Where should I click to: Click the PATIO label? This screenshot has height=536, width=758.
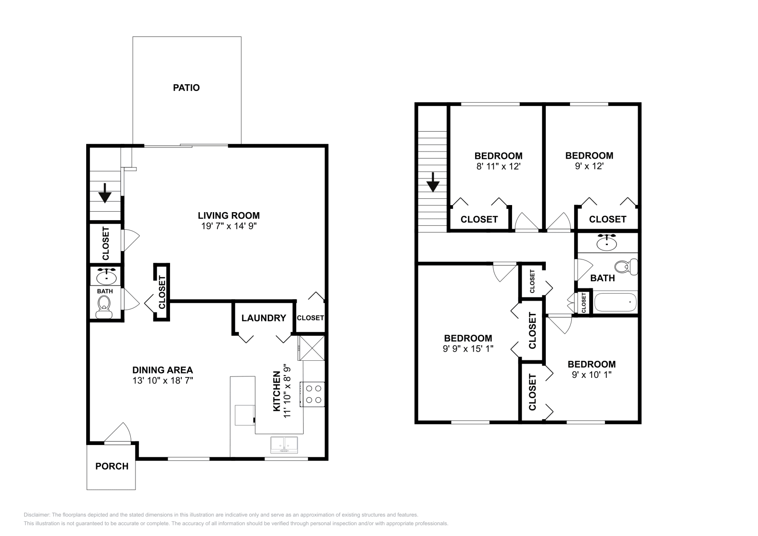click(x=186, y=88)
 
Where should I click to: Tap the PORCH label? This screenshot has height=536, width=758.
click(x=112, y=466)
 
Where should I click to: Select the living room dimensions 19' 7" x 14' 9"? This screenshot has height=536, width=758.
click(x=229, y=226)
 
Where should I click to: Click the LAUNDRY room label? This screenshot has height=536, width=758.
click(x=263, y=318)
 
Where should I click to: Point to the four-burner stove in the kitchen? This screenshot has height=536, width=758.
click(x=312, y=394)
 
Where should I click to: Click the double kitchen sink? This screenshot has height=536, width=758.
click(x=284, y=446)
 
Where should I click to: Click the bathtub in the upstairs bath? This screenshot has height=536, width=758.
click(x=614, y=302)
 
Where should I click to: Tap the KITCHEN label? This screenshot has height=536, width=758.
click(x=277, y=391)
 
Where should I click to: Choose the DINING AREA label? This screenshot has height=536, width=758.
click(x=162, y=370)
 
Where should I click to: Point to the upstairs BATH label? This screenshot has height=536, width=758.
click(x=602, y=278)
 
